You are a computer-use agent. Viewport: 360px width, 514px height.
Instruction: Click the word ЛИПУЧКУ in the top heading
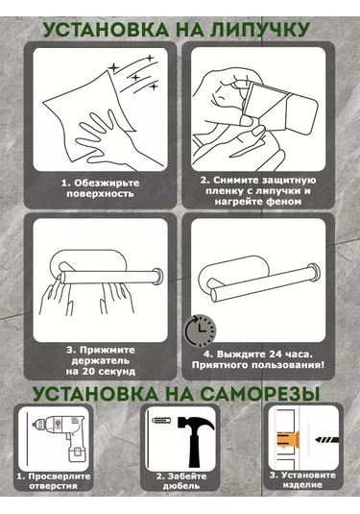(259, 30)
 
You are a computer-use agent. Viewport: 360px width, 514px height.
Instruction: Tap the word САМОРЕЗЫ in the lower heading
(260, 394)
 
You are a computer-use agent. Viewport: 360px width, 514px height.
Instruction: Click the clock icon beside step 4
(200, 330)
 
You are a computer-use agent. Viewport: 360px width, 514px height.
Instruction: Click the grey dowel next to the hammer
(160, 420)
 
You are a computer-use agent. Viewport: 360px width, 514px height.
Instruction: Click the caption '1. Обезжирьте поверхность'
(101, 188)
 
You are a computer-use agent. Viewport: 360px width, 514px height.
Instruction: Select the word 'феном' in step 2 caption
(283, 202)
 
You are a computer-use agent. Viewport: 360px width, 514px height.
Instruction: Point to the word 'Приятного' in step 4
(217, 365)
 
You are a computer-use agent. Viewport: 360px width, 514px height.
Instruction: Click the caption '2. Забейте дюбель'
(181, 481)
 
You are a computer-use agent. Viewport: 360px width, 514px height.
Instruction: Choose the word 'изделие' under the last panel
(302, 485)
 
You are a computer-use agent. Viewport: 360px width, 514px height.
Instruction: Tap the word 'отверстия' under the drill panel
(53, 486)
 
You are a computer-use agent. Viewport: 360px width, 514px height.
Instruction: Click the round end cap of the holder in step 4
(315, 272)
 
